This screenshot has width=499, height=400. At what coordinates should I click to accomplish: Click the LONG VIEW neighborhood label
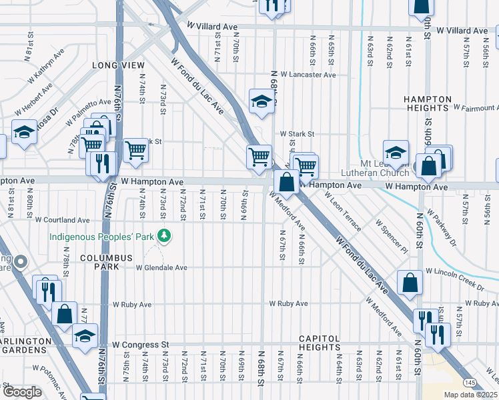(118, 65)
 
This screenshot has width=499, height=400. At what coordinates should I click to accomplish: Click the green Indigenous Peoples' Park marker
(161, 236)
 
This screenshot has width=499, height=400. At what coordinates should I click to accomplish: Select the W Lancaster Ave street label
(308, 75)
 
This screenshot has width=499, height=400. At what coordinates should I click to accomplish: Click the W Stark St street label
(296, 134)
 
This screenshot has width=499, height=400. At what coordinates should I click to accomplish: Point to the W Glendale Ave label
(161, 268)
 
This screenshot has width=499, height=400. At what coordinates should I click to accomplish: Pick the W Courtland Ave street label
(63, 219)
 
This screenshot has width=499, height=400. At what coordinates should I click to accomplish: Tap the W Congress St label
(140, 345)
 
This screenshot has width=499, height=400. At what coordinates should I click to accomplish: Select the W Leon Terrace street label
(343, 212)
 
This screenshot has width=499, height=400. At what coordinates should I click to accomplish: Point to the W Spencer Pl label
(391, 236)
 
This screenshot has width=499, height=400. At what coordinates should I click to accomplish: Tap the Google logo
(22, 392)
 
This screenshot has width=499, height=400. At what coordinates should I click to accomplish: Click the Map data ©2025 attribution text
(470, 395)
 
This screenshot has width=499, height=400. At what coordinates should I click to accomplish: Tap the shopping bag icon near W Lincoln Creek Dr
(410, 283)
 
